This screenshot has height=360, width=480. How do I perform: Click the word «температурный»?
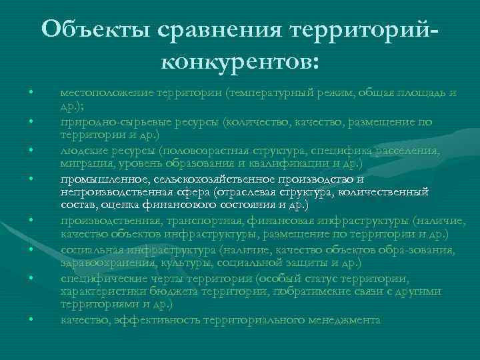(271, 92)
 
